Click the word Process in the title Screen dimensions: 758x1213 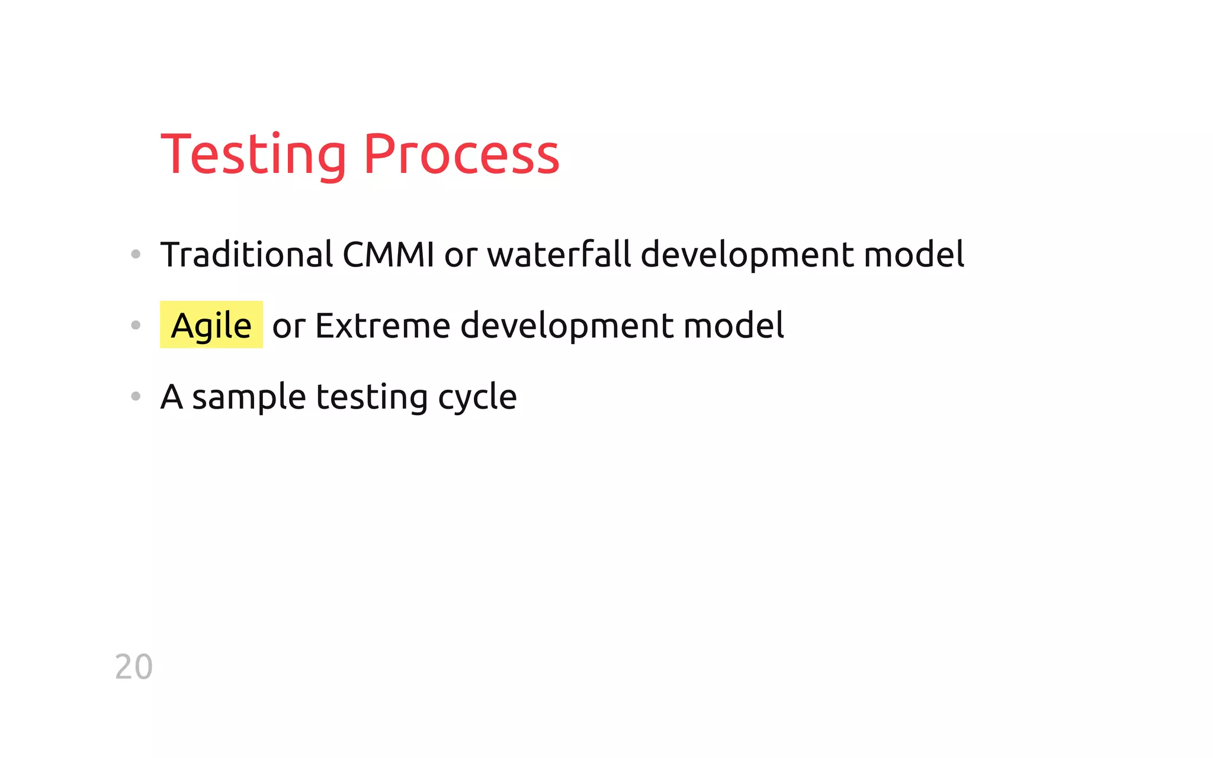(x=461, y=155)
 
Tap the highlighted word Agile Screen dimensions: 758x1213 (x=211, y=325)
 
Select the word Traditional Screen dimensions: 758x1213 (x=246, y=255)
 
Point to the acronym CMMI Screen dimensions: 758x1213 (x=389, y=255)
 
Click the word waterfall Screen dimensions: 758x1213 (x=559, y=255)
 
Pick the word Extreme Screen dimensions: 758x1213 (x=383, y=326)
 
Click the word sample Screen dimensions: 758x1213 (x=249, y=397)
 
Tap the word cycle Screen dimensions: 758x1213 (x=477, y=397)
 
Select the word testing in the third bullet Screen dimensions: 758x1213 (x=371, y=397)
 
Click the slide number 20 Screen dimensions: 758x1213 (x=134, y=667)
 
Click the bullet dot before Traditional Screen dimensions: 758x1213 (x=136, y=255)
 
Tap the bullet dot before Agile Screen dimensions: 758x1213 (x=136, y=325)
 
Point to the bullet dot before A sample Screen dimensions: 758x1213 (x=136, y=396)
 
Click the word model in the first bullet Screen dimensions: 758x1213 (x=914, y=255)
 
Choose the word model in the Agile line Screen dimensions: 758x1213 (x=733, y=326)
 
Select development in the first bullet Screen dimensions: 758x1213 (x=747, y=255)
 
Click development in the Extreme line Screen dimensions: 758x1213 (x=567, y=326)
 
